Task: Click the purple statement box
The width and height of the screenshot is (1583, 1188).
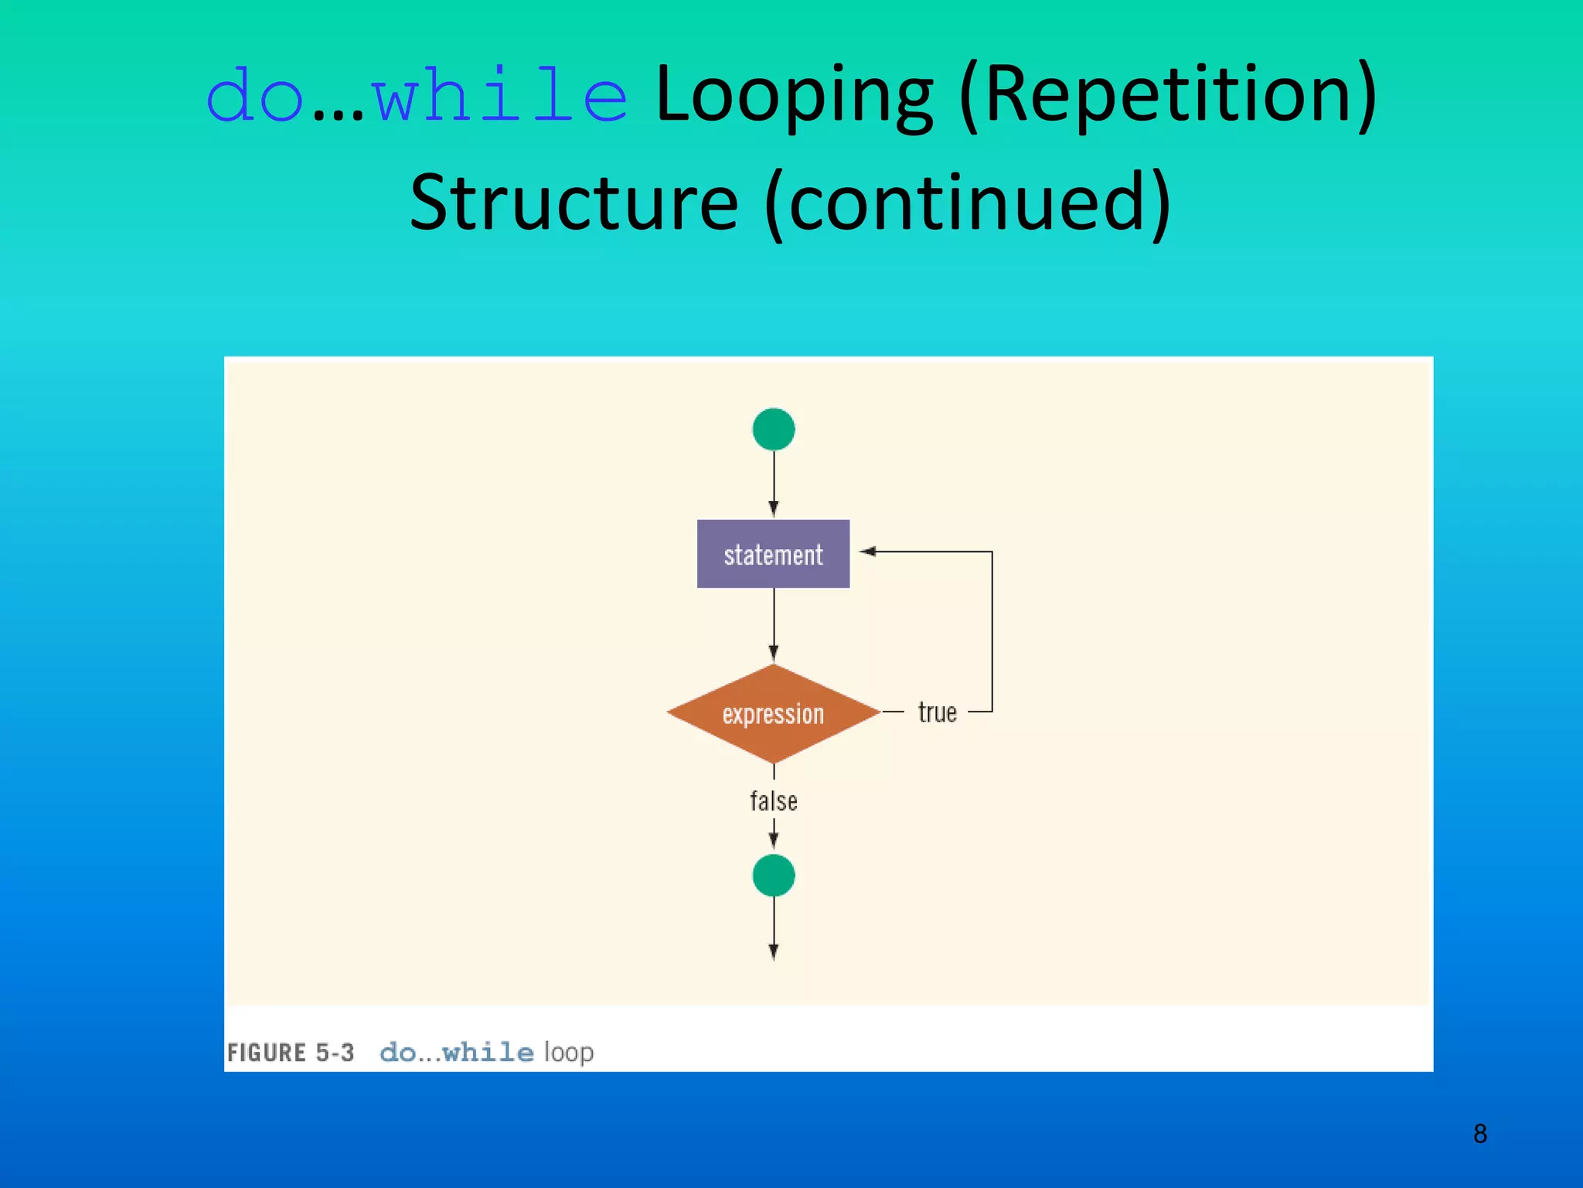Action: coord(773,554)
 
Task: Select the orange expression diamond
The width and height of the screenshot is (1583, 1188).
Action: coord(773,713)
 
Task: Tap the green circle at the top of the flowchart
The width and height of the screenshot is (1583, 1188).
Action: coord(773,429)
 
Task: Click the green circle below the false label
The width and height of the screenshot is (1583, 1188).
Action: coord(773,876)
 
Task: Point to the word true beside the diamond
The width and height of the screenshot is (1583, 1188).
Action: coord(937,712)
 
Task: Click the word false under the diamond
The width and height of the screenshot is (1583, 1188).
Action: coord(773,801)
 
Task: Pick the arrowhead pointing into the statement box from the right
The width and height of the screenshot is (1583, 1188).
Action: coord(867,551)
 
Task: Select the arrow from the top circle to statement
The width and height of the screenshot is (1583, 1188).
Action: coord(773,483)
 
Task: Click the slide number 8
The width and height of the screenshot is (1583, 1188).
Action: coord(1479,1134)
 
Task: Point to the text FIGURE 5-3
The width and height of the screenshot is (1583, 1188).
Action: coord(291,1053)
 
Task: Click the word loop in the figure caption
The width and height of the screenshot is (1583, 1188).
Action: coord(569,1053)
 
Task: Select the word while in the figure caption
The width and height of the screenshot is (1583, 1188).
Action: coord(488,1053)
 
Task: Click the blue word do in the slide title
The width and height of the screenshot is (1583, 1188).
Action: coord(254,97)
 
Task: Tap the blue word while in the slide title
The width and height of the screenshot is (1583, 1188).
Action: coord(499,97)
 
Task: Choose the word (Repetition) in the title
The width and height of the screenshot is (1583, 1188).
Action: coord(1167,97)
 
